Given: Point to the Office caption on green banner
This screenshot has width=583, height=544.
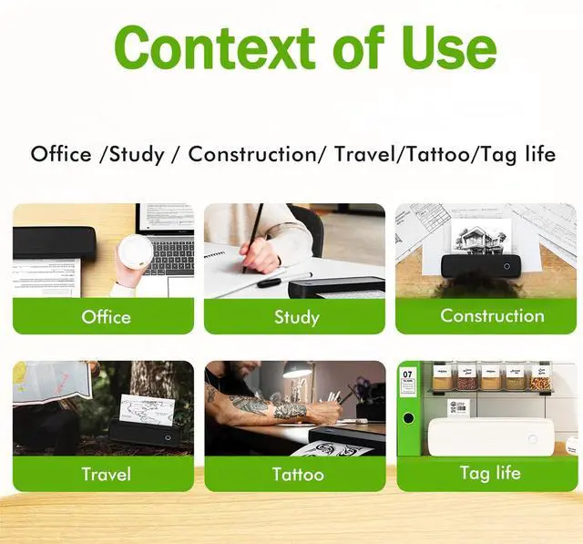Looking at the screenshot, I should (x=106, y=317).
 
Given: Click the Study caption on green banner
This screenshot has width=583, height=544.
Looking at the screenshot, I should (x=296, y=317).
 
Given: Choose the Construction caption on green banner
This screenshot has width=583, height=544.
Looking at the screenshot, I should (x=492, y=316).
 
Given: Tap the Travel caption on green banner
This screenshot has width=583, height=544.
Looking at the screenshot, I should (x=106, y=474).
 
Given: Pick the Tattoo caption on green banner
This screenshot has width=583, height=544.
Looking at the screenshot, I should (x=297, y=474).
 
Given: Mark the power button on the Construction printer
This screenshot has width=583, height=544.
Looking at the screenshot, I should (x=507, y=267).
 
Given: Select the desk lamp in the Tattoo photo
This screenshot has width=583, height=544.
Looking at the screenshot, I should (x=298, y=374).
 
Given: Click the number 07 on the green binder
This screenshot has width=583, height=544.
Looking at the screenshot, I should (x=407, y=375).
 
